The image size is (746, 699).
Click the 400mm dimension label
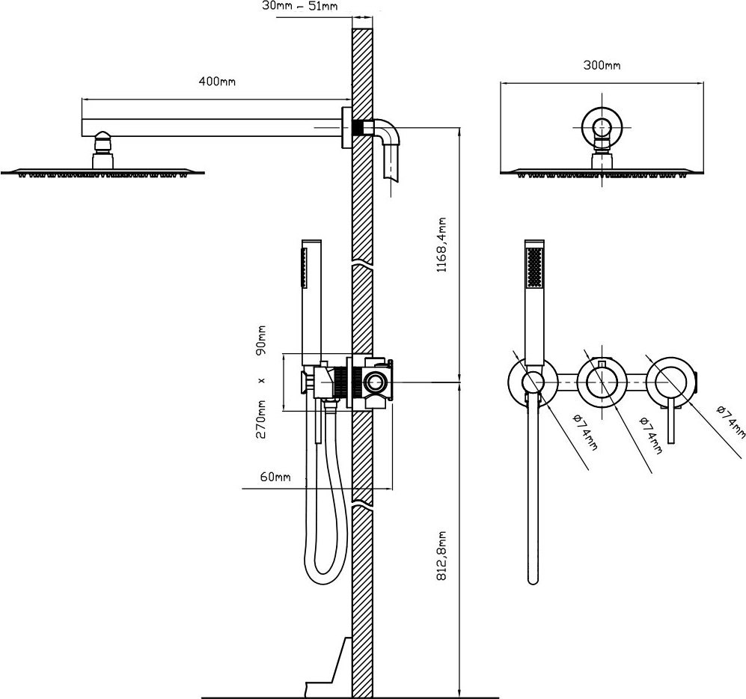coord(217,82)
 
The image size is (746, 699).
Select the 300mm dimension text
coord(602,65)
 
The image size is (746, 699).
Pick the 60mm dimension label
coord(275,477)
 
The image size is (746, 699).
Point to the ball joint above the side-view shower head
coord(103,141)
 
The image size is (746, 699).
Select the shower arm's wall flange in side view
coord(346,128)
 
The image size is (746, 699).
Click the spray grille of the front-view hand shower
coord(533,267)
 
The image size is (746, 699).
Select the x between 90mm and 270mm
coord(261,380)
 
